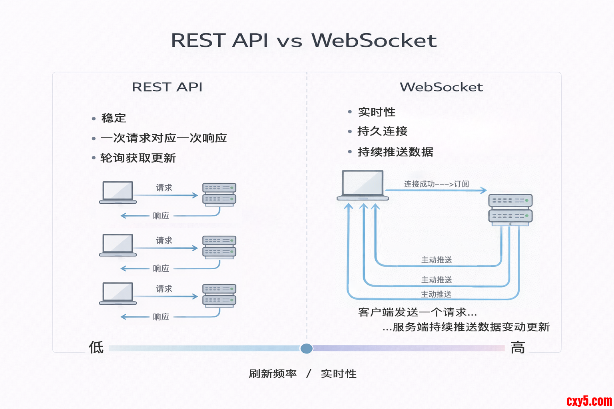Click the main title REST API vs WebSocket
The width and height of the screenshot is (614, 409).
304,40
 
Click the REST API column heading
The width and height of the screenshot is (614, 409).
167,87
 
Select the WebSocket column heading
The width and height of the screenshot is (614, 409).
441,87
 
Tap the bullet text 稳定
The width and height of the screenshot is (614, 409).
114,118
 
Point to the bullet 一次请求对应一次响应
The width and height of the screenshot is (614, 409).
163,138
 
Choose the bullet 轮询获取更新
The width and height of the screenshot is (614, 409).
138,158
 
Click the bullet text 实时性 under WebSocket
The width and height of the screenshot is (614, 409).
377,112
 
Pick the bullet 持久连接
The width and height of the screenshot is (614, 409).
382,131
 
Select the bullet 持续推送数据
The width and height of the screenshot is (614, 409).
395,152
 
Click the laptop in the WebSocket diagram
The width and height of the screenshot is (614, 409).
363,185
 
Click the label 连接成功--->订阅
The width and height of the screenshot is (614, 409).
436,184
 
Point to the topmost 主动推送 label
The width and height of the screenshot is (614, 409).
437,260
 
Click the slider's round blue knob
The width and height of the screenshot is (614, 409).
307,348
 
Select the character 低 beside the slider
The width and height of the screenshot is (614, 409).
96,347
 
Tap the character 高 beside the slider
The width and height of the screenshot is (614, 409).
518,347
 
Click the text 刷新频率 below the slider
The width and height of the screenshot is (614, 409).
273,374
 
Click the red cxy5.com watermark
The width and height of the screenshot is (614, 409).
589,401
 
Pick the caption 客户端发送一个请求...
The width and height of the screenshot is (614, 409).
417,312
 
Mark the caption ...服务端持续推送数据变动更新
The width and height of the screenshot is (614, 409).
466,327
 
